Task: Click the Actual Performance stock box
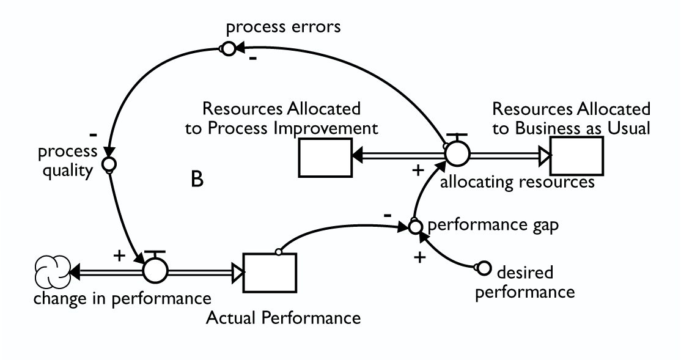click(270, 273)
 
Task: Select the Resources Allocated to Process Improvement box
click(325, 158)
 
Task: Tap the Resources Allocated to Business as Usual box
click(576, 156)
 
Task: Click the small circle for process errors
click(228, 48)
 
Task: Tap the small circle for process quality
click(108, 164)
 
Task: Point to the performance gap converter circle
click(415, 227)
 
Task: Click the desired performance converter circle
click(483, 268)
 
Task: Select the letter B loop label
click(197, 180)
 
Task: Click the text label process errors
click(283, 28)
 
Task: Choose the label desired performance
click(525, 281)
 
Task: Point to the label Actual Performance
click(284, 318)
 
